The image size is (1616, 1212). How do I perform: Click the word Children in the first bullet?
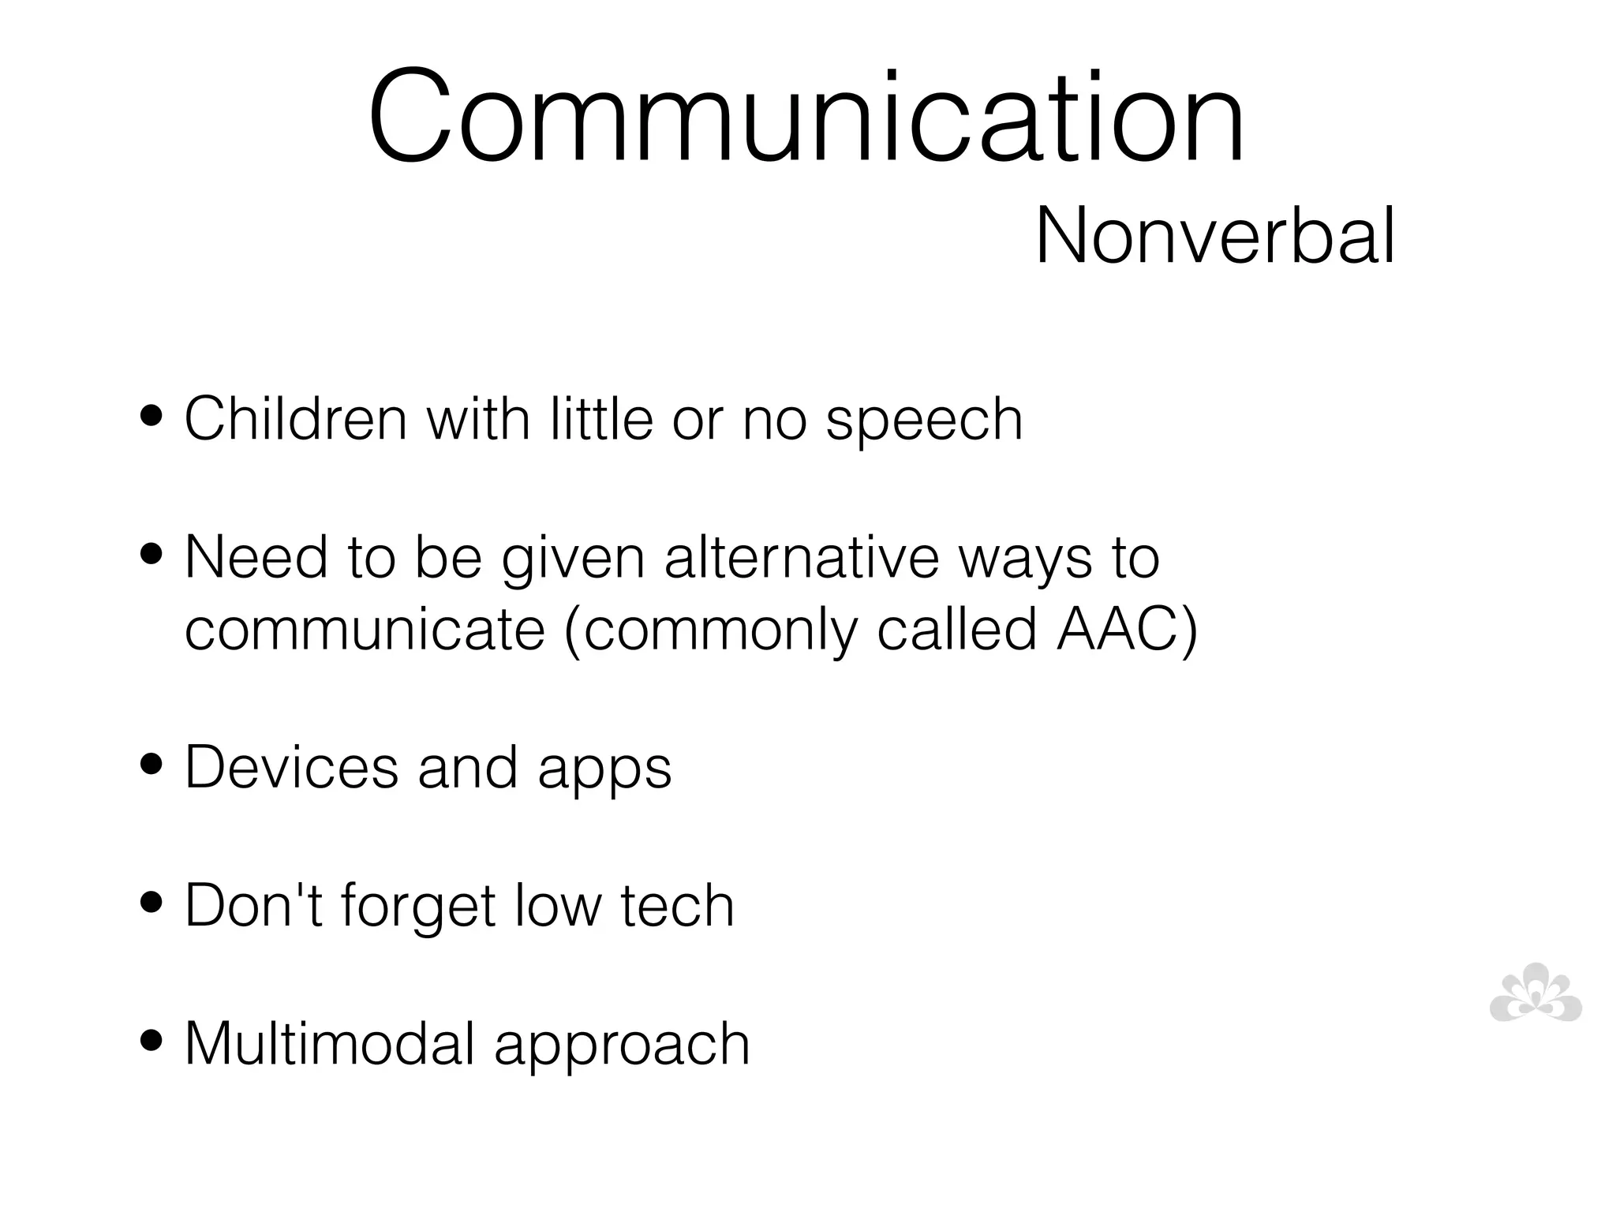[x=295, y=418]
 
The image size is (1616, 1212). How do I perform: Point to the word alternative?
[x=802, y=557]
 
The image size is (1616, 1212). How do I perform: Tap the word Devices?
[x=291, y=767]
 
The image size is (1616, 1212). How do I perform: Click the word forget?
[x=418, y=906]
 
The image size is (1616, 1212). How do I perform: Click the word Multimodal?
[x=329, y=1043]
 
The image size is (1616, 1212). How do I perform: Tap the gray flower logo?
[x=1536, y=993]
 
